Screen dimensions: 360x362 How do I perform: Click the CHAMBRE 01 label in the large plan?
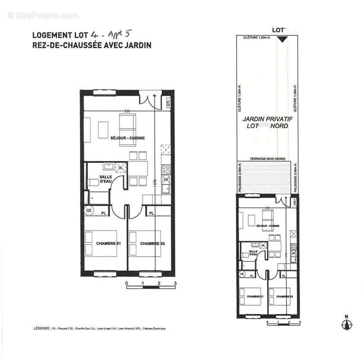(x=108, y=243)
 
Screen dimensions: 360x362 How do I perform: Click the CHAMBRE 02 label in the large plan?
(x=152, y=243)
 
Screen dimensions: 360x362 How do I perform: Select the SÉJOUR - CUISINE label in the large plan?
(x=128, y=138)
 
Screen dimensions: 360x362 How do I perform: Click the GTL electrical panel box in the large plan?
(x=168, y=102)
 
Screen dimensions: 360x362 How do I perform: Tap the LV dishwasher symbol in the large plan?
(x=165, y=180)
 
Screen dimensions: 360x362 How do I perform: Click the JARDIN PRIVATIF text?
(x=265, y=119)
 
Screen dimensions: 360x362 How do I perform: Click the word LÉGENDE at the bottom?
(x=41, y=328)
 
